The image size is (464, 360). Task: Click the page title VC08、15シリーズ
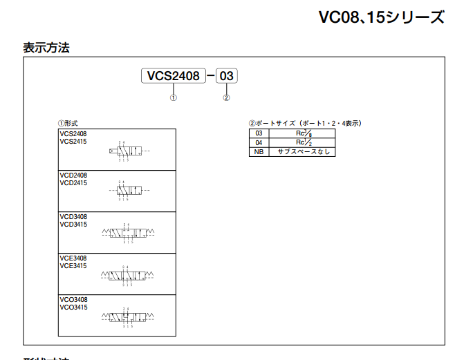[381, 17]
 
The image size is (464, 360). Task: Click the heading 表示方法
[46, 48]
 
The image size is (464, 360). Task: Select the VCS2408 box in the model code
[174, 75]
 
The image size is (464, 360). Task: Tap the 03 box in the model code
[227, 75]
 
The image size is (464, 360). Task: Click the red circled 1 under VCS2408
[174, 97]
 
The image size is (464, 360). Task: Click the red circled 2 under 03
[226, 97]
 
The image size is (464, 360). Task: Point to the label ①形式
[68, 123]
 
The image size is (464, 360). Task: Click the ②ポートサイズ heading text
[305, 123]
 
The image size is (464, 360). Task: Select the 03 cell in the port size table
[259, 133]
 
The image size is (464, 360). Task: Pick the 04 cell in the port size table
[259, 142]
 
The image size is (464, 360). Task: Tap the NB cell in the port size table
[259, 151]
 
